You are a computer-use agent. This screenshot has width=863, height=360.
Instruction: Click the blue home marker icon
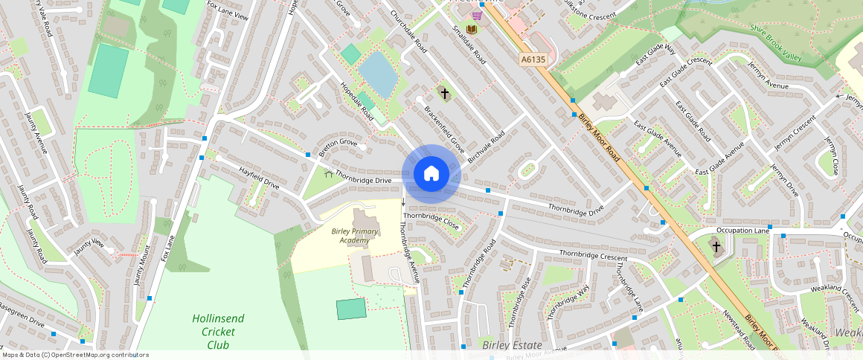[431, 174]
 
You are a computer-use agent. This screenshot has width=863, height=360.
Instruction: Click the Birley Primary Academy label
[355, 236]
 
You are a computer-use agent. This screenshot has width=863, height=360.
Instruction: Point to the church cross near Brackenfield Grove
[445, 94]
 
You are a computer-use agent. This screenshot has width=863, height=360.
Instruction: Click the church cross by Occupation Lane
[716, 246]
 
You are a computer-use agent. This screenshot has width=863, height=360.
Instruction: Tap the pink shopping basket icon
[476, 15]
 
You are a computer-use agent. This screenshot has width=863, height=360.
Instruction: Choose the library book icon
[471, 30]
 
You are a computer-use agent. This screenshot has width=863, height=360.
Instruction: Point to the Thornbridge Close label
[431, 221]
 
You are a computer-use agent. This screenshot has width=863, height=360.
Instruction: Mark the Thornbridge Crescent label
[593, 255]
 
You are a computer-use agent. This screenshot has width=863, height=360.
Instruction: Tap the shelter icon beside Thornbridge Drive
[328, 173]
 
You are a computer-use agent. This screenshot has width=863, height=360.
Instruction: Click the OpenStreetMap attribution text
[74, 355]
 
